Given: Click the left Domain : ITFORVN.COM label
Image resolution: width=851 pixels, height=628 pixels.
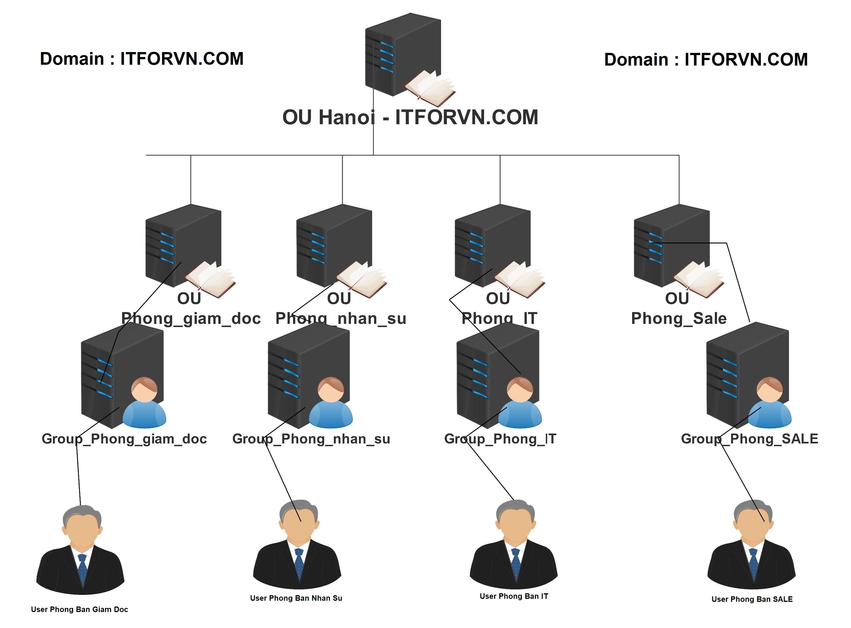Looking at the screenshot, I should [x=141, y=59].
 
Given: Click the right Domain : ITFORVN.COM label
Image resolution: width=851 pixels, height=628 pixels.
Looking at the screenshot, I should [x=706, y=60].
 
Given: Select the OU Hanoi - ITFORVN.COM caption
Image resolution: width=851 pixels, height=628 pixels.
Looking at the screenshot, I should [x=410, y=117].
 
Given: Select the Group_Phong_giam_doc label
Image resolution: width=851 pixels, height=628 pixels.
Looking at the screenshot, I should [x=124, y=439].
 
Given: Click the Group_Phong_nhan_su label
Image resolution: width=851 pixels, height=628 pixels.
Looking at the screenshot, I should [x=311, y=439].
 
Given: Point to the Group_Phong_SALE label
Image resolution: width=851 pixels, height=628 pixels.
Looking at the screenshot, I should [x=750, y=439].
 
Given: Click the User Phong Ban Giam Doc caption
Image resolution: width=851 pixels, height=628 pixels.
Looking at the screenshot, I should [x=79, y=609].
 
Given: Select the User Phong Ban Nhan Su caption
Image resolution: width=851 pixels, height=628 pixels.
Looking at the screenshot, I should [x=296, y=598].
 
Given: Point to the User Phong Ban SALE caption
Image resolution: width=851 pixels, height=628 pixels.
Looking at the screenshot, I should [x=752, y=599].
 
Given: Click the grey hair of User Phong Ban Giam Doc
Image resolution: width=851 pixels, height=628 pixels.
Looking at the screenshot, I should [x=82, y=514].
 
